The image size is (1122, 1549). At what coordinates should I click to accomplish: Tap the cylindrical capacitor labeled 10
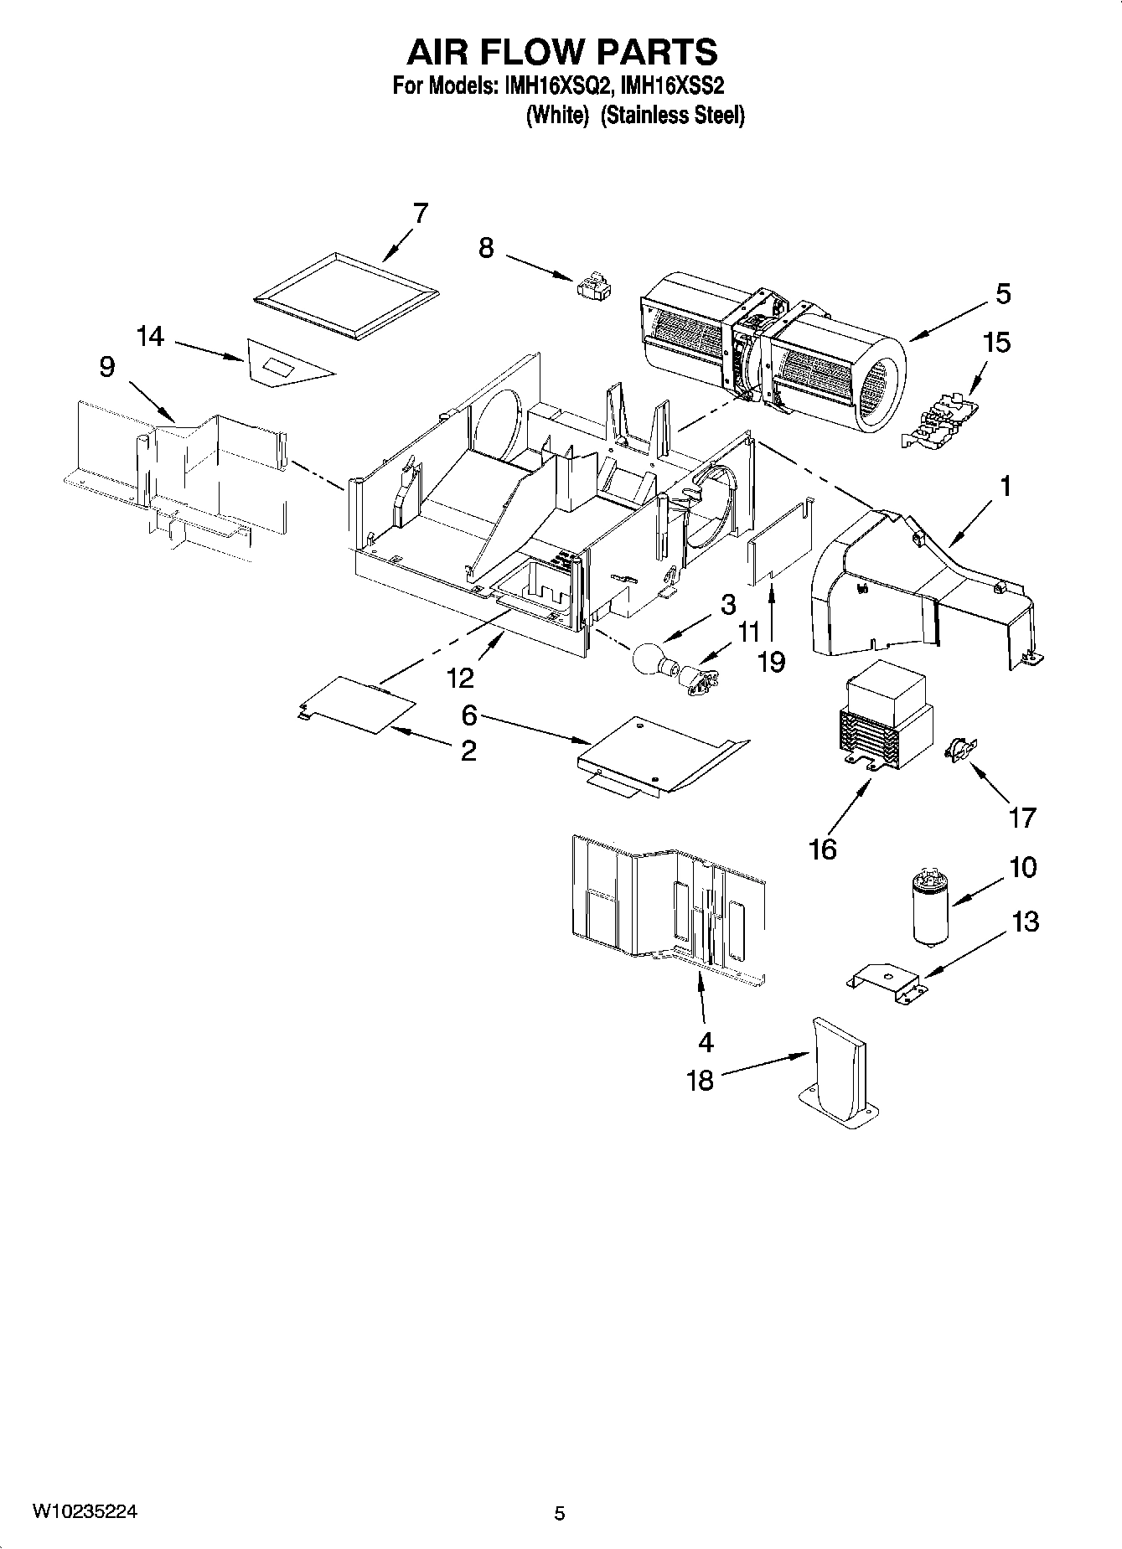929,907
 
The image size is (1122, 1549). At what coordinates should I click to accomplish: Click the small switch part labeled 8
594,286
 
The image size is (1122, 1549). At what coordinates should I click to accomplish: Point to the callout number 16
822,849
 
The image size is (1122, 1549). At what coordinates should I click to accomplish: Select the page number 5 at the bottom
560,1513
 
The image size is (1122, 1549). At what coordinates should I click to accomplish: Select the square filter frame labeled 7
345,295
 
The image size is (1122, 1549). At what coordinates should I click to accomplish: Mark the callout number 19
770,661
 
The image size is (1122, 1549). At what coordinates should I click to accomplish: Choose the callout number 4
705,1041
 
